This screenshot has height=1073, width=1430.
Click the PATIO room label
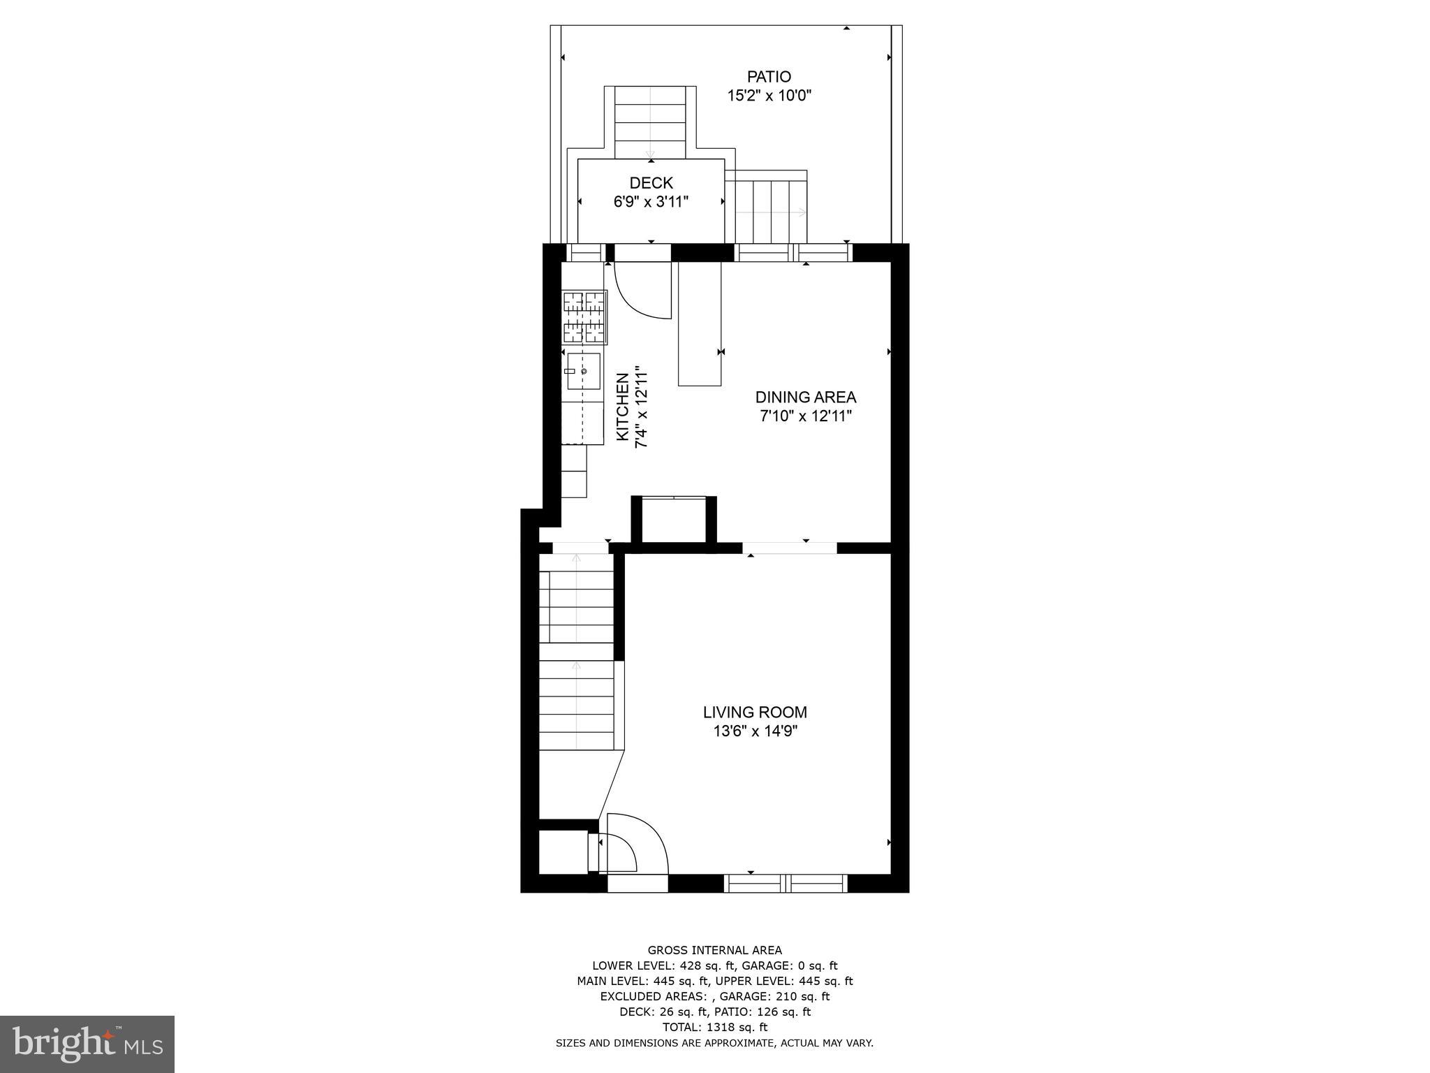click(x=769, y=77)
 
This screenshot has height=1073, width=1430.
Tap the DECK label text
click(x=651, y=183)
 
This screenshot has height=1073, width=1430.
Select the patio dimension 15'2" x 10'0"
click(x=769, y=96)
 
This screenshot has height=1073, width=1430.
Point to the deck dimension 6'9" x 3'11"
click(x=651, y=202)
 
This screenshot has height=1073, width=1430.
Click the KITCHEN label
click(x=623, y=407)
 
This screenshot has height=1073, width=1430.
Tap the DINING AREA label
click(x=805, y=397)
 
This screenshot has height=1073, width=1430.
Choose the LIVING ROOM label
click(x=754, y=713)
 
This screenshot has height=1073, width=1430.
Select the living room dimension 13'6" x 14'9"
click(x=754, y=731)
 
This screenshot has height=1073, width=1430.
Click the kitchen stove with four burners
click(x=584, y=317)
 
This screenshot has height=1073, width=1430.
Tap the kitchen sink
click(x=583, y=371)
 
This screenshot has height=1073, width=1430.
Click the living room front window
click(x=786, y=884)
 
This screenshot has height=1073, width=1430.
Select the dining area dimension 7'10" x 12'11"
click(x=805, y=416)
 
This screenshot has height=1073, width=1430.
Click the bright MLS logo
click(x=87, y=1044)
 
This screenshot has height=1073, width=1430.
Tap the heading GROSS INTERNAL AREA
click(x=714, y=950)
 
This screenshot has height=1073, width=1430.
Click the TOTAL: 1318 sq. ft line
click(x=714, y=1027)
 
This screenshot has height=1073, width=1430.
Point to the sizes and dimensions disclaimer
click(x=714, y=1043)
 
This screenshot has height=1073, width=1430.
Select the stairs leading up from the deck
click(x=650, y=122)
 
